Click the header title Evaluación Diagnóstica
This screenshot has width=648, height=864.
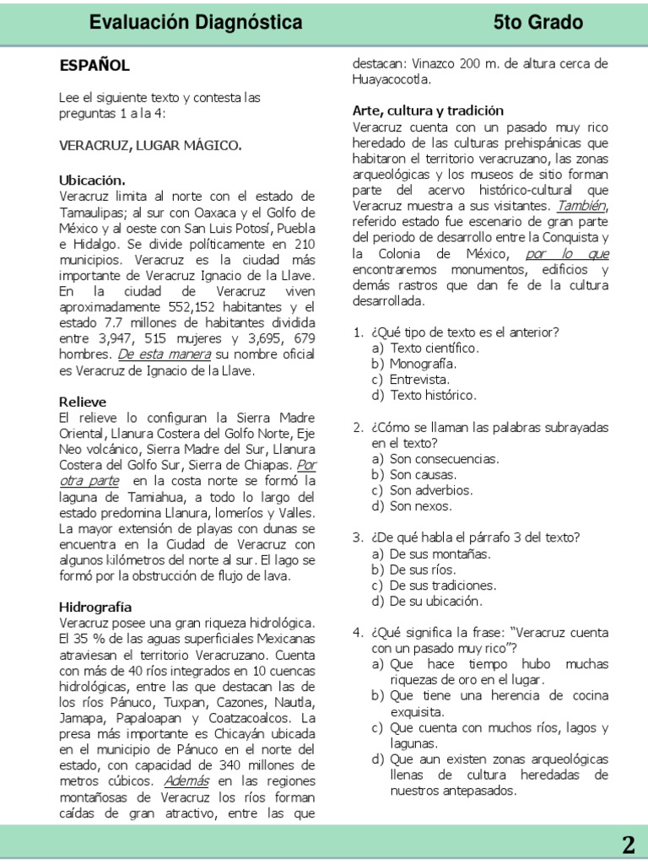tap(195, 23)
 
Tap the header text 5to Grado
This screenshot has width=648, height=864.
tap(538, 23)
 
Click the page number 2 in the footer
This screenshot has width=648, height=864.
tap(628, 845)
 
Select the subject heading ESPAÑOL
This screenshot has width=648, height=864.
tap(94, 66)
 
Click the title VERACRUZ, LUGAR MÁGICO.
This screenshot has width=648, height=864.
tap(150, 145)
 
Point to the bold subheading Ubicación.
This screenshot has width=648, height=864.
tap(92, 181)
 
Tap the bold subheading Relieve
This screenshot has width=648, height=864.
tap(83, 402)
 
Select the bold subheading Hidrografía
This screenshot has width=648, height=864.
tap(95, 607)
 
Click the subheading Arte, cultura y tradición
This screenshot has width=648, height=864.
tap(428, 111)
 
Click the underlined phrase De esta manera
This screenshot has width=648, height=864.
tap(164, 354)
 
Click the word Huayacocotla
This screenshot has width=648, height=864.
tap(391, 80)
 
